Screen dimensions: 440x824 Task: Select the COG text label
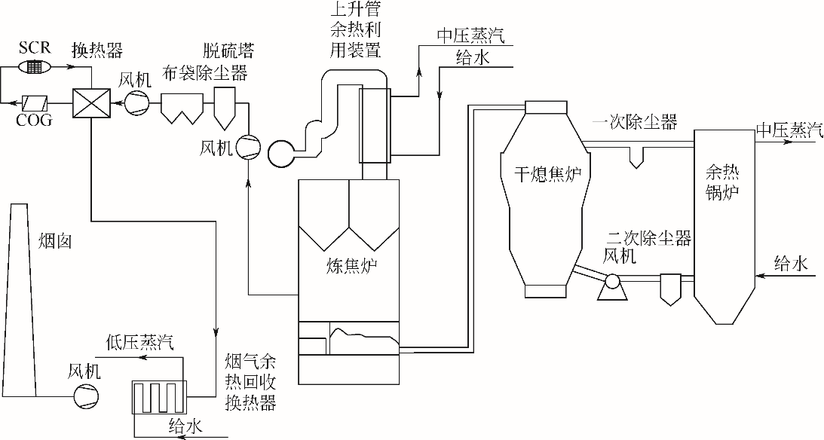pos(35,119)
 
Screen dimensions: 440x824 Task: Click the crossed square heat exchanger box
pos(91,102)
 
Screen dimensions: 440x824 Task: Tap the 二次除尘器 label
pos(649,239)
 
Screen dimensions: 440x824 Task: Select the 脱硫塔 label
pos(228,51)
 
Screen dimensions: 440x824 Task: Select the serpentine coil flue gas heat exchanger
pos(158,396)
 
